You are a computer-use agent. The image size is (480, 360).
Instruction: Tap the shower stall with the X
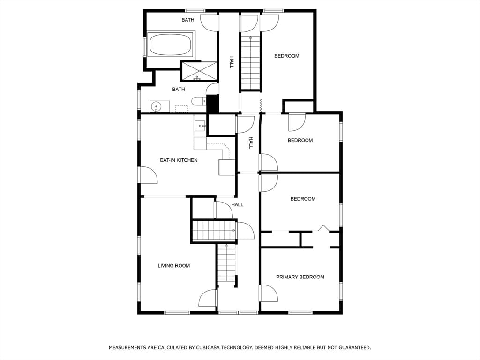199,71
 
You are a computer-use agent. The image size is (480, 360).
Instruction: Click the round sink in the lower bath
157,106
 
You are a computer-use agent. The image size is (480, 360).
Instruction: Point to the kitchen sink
200,126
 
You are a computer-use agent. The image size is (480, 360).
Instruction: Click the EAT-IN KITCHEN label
179,160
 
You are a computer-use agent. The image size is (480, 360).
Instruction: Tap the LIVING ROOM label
173,266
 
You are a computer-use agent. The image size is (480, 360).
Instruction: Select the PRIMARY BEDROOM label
300,277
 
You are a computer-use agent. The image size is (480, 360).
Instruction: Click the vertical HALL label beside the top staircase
232,62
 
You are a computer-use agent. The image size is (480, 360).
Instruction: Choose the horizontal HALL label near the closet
237,204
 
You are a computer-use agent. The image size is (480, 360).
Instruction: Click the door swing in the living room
208,298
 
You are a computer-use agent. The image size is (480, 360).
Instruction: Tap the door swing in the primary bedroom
269,293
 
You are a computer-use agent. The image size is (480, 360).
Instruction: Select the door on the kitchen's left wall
148,175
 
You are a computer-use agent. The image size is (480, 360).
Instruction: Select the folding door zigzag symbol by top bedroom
261,105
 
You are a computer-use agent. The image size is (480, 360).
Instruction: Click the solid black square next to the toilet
212,104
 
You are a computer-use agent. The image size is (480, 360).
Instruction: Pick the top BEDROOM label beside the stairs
286,56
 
